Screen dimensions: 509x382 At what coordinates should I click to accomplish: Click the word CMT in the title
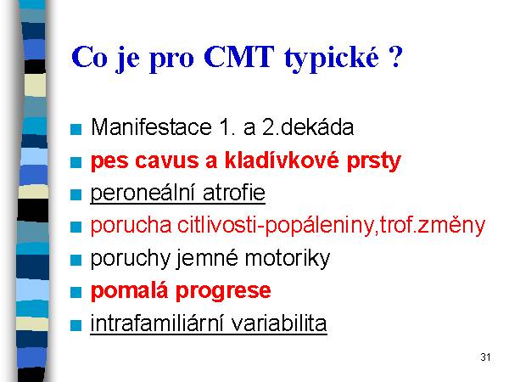(x=239, y=57)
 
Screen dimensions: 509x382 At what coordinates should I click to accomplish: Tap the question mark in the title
(x=395, y=57)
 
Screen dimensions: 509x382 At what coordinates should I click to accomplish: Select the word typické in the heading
(x=332, y=59)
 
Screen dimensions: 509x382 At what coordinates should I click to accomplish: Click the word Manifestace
(x=151, y=126)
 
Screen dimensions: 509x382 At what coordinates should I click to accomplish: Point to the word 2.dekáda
(x=308, y=126)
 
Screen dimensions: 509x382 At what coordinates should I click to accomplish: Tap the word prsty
(x=374, y=162)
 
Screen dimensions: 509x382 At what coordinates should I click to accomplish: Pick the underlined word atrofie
(x=234, y=193)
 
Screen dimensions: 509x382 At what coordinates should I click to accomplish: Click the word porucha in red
(x=131, y=225)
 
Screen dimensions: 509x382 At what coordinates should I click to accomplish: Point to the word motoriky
(x=288, y=259)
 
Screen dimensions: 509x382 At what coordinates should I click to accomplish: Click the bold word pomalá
(x=130, y=291)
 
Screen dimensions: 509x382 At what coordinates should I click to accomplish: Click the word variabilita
(x=279, y=323)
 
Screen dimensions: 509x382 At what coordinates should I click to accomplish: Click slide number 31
(x=485, y=357)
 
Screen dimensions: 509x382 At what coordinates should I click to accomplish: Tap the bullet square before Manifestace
(x=76, y=129)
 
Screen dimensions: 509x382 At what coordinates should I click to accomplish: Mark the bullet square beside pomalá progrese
(x=76, y=292)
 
